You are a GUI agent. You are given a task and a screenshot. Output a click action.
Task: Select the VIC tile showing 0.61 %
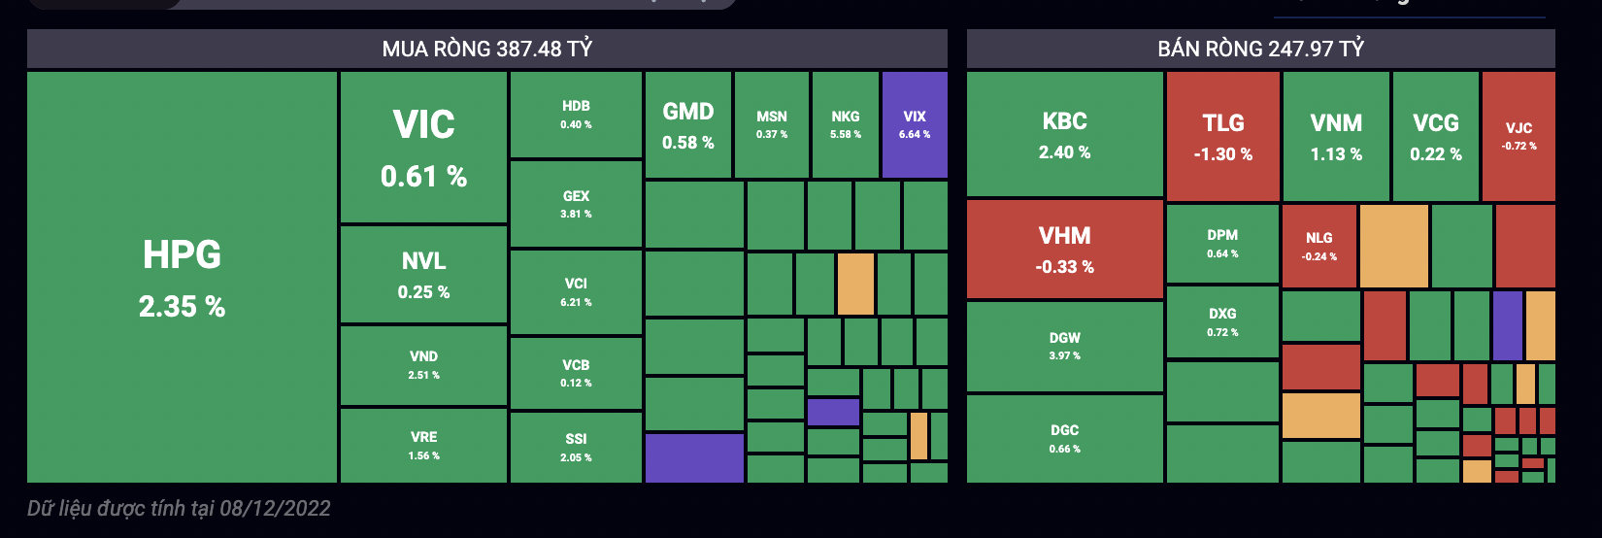click(x=423, y=147)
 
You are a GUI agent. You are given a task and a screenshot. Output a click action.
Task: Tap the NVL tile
click(x=423, y=274)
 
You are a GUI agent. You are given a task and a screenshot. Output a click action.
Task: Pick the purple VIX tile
click(x=915, y=124)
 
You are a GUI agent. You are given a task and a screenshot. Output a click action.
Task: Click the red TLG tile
click(x=1223, y=136)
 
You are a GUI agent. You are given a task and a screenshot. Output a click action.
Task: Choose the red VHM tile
click(x=1065, y=249)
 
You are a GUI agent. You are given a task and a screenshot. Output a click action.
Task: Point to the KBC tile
click(x=1065, y=134)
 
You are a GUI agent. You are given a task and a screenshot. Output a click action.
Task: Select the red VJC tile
click(x=1519, y=135)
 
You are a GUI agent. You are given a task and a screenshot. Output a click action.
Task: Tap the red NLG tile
click(x=1318, y=246)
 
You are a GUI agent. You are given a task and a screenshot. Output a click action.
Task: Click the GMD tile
click(x=687, y=125)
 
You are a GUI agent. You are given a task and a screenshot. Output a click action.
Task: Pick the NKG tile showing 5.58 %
click(x=846, y=124)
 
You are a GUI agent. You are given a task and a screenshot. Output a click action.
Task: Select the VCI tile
click(x=576, y=291)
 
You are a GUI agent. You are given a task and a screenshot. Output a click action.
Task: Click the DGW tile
click(x=1065, y=346)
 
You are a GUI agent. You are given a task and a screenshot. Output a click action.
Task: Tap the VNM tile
click(x=1336, y=136)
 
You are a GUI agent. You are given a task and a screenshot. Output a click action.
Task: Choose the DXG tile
click(x=1222, y=321)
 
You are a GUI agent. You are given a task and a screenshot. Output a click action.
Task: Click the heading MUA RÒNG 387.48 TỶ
click(x=487, y=49)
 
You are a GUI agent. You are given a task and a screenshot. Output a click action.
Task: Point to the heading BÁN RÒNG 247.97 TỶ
click(x=1260, y=49)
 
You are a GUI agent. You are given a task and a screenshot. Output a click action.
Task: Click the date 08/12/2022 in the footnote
click(x=276, y=508)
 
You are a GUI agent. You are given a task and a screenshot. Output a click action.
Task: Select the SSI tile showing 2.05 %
click(x=576, y=447)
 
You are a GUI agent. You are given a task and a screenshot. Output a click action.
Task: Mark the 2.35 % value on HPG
click(x=182, y=307)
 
